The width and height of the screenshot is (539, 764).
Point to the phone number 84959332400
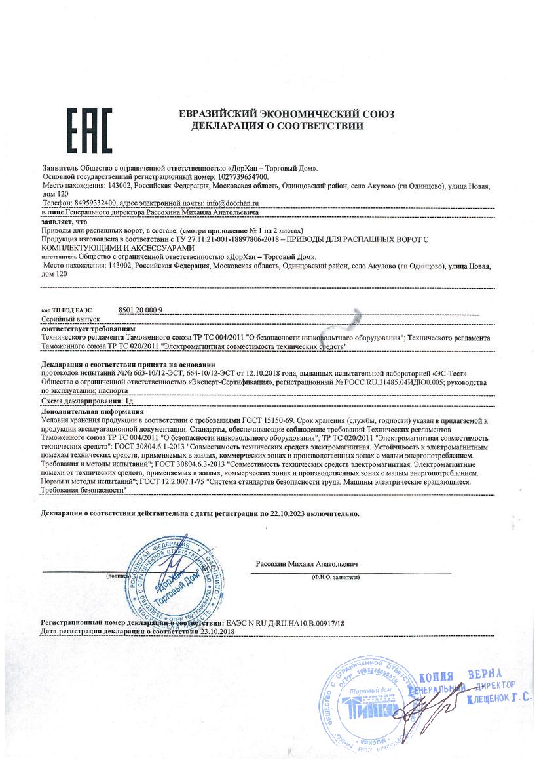pyautogui.click(x=96, y=203)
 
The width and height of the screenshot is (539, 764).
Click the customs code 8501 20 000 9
pyautogui.click(x=141, y=308)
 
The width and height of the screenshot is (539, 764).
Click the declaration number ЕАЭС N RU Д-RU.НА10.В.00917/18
pyautogui.click(x=285, y=622)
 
